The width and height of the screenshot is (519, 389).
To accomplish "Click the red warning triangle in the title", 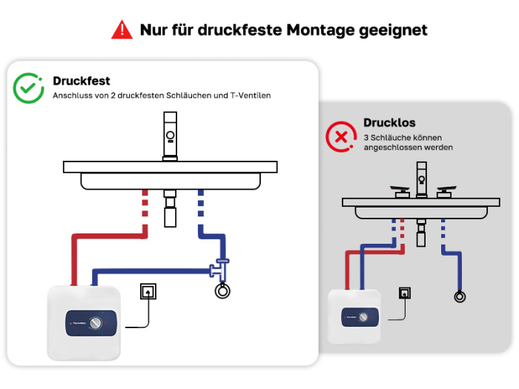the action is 122,30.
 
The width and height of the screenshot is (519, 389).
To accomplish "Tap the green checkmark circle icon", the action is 28,88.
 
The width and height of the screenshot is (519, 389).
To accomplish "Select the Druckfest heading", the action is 82,81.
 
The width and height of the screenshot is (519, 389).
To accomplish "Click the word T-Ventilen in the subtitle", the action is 251,96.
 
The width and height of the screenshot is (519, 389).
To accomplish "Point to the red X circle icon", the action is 341,136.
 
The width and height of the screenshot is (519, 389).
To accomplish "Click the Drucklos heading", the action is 389,122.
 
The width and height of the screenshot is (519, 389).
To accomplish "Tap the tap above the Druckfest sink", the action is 170,136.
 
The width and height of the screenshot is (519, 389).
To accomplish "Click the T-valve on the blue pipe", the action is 219,268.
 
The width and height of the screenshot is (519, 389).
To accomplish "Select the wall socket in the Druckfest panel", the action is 148,291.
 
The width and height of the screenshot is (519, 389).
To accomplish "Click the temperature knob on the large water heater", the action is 96,323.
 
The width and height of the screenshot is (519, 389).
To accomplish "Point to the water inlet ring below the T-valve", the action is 222,291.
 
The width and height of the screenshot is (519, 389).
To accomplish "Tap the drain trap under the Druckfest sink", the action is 170,208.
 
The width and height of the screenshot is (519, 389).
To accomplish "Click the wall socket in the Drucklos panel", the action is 405,293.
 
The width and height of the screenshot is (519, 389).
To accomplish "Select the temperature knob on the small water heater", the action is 363,317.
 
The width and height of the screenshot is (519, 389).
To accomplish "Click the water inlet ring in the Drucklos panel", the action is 460,296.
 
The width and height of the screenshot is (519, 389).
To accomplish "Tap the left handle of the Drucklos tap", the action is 400,191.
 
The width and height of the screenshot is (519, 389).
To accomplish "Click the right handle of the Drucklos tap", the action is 446,191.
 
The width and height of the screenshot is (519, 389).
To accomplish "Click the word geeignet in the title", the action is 393,30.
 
